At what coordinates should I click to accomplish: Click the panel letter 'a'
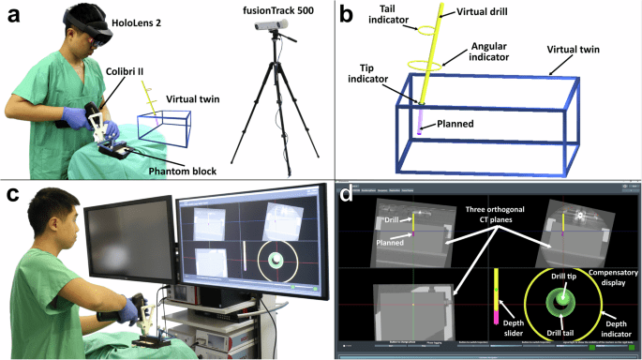(12, 14)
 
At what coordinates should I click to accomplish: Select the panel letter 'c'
(12, 195)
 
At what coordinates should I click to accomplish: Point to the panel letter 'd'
(346, 195)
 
